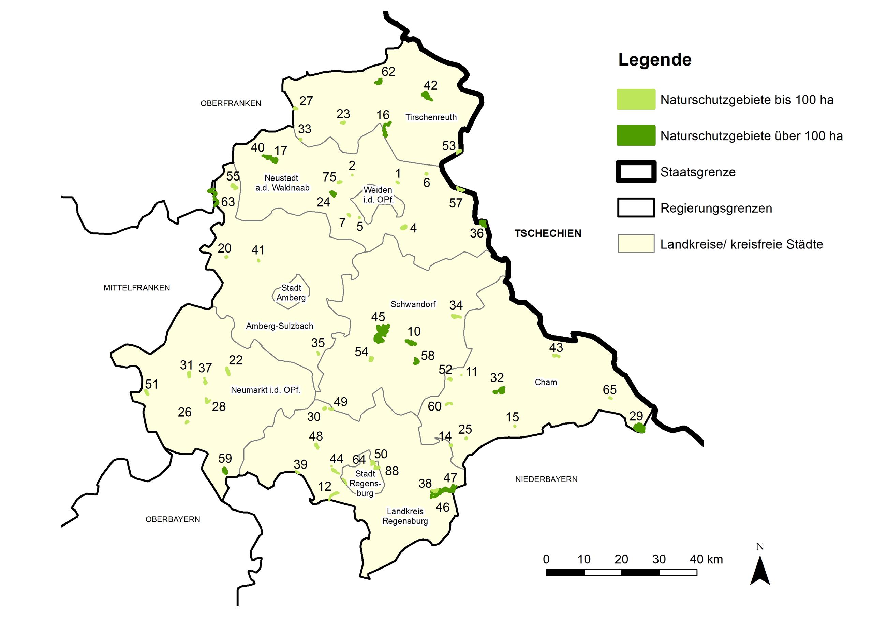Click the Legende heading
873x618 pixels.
coord(655,60)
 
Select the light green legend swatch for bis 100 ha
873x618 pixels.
coord(636,99)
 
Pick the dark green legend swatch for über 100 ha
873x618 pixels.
coord(636,135)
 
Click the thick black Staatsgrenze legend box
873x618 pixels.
coord(636,172)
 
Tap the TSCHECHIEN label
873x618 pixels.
coord(548,233)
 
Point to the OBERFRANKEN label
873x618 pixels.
coord(231,103)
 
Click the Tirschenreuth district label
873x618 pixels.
coord(431,117)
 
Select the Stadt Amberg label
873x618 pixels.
coord(291,293)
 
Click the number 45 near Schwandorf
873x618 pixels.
coord(378,317)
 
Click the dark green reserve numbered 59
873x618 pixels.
coord(225,471)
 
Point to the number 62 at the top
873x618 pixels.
coord(388,72)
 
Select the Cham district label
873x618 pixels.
coord(546,382)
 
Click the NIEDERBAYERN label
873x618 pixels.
coord(546,479)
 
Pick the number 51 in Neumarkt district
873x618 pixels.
coord(151,384)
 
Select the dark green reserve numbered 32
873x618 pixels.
coord(499,390)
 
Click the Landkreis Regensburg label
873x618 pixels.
coord(405,516)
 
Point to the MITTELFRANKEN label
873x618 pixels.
coord(136,288)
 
